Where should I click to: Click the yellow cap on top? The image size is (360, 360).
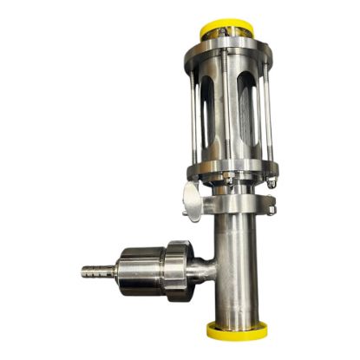point(228,27)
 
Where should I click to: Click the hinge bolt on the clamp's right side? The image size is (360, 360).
point(272,208)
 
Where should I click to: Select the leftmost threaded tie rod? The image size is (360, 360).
point(192,108)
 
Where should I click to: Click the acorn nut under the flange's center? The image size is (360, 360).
point(229,184)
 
